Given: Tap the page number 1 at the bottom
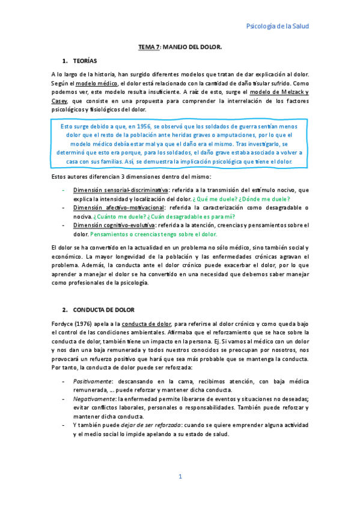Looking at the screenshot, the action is (180, 477).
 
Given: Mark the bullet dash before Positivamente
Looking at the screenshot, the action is (64, 381).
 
